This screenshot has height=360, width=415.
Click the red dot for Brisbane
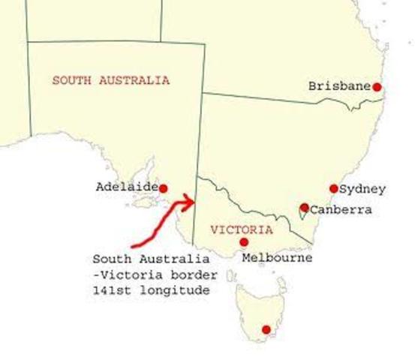377,87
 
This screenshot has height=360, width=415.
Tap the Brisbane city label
339,86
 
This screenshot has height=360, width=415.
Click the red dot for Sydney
334,188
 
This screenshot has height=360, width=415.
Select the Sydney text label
362,188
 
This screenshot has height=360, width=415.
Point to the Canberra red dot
304,208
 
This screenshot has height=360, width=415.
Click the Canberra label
341,210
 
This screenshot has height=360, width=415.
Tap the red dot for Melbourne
244,242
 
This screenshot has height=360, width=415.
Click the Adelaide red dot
163,188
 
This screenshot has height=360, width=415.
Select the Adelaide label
127,187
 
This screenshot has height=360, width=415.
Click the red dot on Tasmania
266,329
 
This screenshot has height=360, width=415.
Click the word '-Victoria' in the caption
124,274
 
